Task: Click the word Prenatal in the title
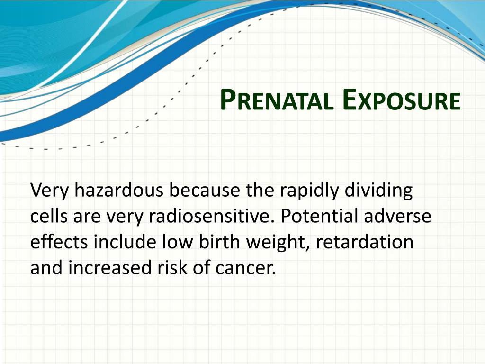coord(277,100)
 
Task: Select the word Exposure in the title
coord(402,100)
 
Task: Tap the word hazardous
coord(118,191)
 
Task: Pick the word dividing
coord(378,191)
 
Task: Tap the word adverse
coord(397,216)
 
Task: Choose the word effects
coord(59,241)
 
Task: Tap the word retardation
coord(364,241)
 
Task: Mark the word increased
coord(109,267)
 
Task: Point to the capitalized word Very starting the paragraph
coord(49,191)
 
